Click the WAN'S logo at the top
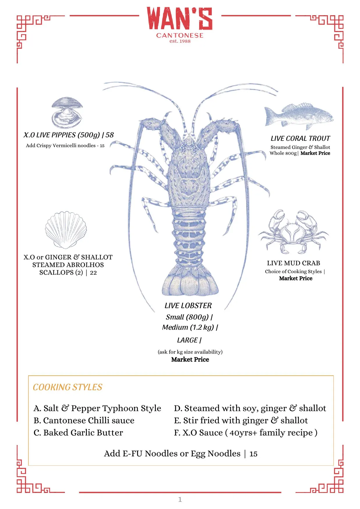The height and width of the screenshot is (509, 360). pyautogui.click(x=179, y=19)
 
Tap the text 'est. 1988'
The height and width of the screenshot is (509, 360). pyautogui.click(x=180, y=41)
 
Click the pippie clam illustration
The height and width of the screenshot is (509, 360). pyautogui.click(x=67, y=112)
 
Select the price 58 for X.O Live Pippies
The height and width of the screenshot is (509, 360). pyautogui.click(x=110, y=135)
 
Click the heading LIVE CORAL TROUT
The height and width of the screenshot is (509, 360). pyautogui.click(x=300, y=138)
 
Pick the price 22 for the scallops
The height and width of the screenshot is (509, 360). pyautogui.click(x=93, y=273)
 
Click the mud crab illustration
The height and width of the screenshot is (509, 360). pyautogui.click(x=293, y=231)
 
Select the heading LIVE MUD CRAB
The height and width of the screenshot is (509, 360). pyautogui.click(x=294, y=263)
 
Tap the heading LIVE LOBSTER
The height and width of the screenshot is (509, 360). pyautogui.click(x=188, y=305)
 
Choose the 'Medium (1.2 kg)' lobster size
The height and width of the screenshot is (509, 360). pyautogui.click(x=188, y=327)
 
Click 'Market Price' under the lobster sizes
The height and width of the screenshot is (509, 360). pyautogui.click(x=190, y=359)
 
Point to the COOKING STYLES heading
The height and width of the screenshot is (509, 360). pyautogui.click(x=68, y=387)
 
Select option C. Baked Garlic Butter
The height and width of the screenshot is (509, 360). pyautogui.click(x=78, y=432)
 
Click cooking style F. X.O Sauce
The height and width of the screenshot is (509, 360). pyautogui.click(x=246, y=433)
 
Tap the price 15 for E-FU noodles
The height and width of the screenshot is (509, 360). pyautogui.click(x=253, y=454)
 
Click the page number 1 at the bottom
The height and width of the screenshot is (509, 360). pyautogui.click(x=180, y=499)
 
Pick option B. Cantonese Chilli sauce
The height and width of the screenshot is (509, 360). pyautogui.click(x=84, y=420)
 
